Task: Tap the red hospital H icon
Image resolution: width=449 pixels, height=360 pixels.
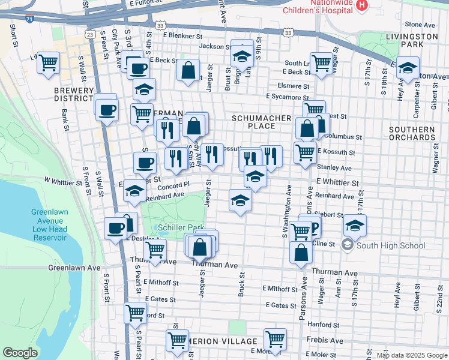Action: pos(361,5)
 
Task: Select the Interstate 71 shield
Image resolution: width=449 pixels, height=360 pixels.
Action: pos(29,20)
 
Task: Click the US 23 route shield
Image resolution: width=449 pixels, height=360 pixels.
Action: pos(89,35)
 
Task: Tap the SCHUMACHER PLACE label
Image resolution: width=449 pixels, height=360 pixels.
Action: pos(262,122)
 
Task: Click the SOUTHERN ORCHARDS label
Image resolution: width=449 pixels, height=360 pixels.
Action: pos(412,133)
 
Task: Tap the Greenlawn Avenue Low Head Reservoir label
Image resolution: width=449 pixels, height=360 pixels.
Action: pos(49,225)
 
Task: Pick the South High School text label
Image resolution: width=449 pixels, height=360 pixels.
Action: pos(390,245)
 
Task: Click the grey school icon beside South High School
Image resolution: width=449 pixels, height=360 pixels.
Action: pos(347,245)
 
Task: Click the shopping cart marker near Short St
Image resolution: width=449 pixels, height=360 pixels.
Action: pos(49,62)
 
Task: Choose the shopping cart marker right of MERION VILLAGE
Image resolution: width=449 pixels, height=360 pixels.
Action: pos(275,339)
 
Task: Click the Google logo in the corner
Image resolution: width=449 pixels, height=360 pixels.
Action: pos(20,353)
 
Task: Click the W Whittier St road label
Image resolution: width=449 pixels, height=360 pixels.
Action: pos(62,182)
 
